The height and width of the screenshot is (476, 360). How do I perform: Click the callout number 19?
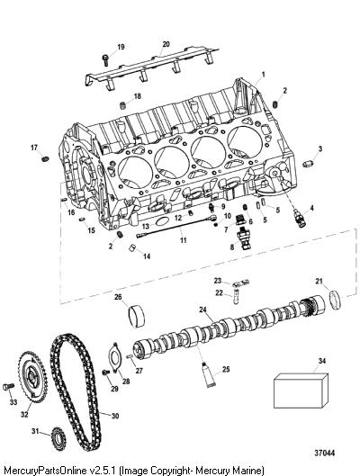click(121, 47)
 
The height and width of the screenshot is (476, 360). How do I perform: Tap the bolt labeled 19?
click(105, 59)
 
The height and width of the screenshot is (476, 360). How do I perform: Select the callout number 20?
click(166, 44)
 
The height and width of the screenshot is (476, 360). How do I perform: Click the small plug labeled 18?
click(123, 106)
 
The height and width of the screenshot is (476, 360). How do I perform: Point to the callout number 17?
click(34, 148)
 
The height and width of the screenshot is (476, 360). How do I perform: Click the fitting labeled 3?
click(308, 164)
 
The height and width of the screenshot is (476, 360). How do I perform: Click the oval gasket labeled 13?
click(163, 221)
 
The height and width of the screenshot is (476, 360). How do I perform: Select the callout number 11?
click(183, 240)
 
